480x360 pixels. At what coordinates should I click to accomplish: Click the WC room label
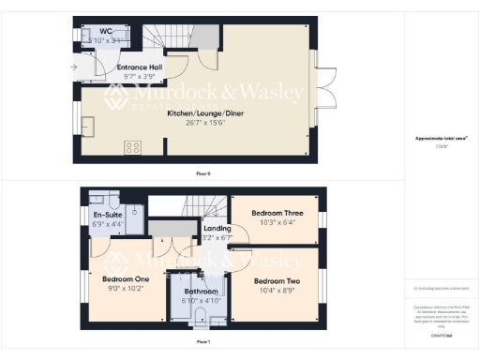coord(106,31)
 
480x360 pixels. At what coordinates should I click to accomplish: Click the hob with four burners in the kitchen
coord(133,147)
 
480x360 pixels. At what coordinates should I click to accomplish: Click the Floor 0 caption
coord(203,173)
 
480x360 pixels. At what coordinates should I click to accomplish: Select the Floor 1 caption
coord(203,342)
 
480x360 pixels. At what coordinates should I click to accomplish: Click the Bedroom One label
coord(112,279)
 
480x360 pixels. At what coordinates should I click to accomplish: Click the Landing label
coord(217,228)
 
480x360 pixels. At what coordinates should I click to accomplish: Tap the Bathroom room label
coord(202,292)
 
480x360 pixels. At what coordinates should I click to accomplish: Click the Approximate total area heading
coord(442,139)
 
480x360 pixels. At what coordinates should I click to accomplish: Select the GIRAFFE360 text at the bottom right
coord(442,335)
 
